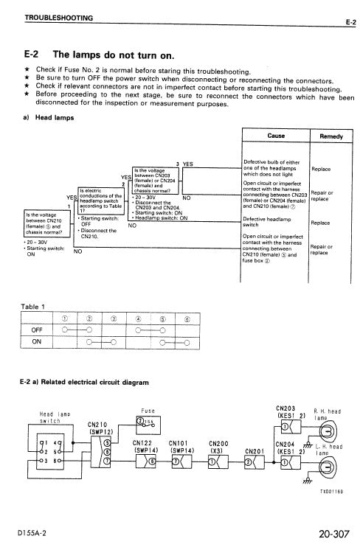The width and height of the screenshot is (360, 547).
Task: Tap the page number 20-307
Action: [330, 532]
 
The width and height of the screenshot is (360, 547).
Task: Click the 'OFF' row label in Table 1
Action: [38, 330]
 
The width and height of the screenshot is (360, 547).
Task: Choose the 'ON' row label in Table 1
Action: [37, 342]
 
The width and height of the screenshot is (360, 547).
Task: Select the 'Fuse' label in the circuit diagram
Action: [147, 411]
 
